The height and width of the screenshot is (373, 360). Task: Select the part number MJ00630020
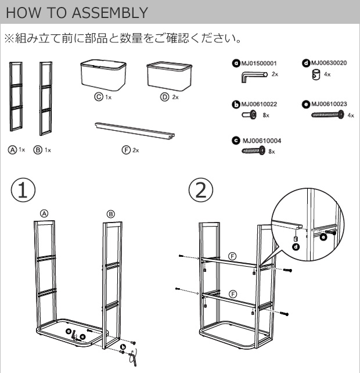point(329,63)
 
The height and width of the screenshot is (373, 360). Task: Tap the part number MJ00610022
point(258,105)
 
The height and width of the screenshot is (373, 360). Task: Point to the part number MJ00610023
point(329,104)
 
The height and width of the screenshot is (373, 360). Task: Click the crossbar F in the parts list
point(134,129)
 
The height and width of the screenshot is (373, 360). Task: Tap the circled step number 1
point(23,189)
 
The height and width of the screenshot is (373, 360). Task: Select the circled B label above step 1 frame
point(110,214)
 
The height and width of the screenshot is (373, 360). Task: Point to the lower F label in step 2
point(232,294)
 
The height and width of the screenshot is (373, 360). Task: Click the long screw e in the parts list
point(324,116)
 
